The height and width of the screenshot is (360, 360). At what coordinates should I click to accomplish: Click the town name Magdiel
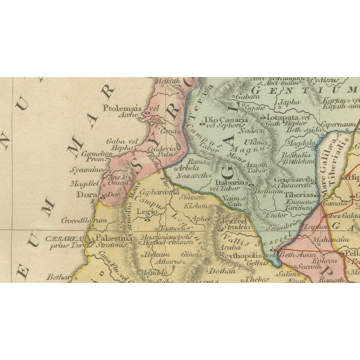[x=85, y=183]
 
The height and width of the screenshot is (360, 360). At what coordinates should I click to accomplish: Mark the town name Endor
[x=278, y=214]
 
